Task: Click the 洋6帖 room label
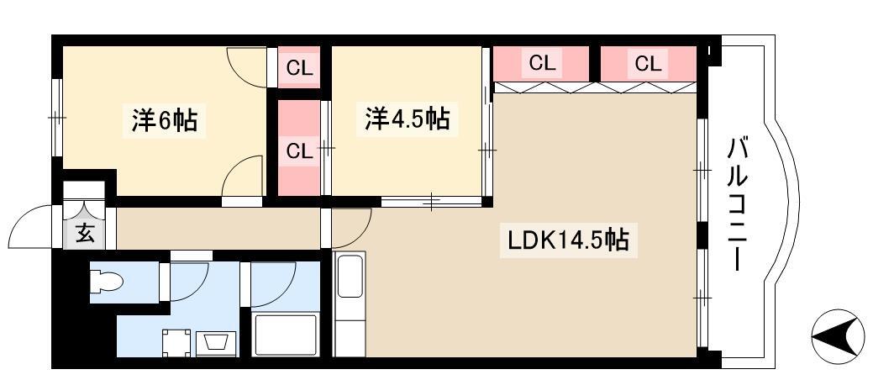click(x=164, y=119)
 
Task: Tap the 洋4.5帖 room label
click(x=408, y=119)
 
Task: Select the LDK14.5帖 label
click(x=567, y=240)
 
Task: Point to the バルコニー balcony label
click(x=736, y=204)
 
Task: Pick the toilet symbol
click(x=106, y=281)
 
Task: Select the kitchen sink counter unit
click(x=349, y=303)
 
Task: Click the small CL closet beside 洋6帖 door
click(x=299, y=67)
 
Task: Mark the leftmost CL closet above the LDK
click(x=541, y=64)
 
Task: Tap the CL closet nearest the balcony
click(x=648, y=64)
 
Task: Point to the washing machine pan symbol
click(x=176, y=343)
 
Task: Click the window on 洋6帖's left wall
click(x=56, y=118)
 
